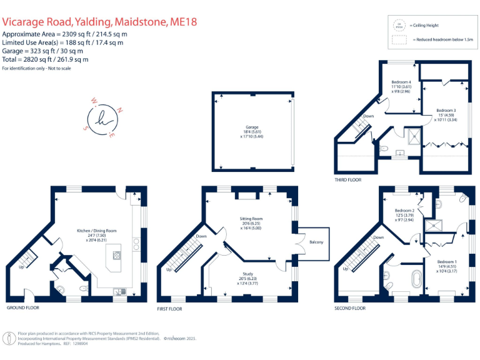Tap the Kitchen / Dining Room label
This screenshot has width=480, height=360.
pyautogui.click(x=97, y=231)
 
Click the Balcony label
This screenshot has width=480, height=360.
pyautogui.click(x=316, y=241)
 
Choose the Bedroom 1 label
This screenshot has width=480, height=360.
pyautogui.click(x=446, y=261)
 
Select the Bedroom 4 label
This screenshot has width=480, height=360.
pyautogui.click(x=401, y=82)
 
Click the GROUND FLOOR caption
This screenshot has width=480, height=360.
pyautogui.click(x=22, y=308)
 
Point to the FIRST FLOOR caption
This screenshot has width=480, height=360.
pyautogui.click(x=170, y=309)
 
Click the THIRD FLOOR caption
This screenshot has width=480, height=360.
pyautogui.click(x=347, y=179)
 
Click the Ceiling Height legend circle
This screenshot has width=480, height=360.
pyautogui.click(x=397, y=26)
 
